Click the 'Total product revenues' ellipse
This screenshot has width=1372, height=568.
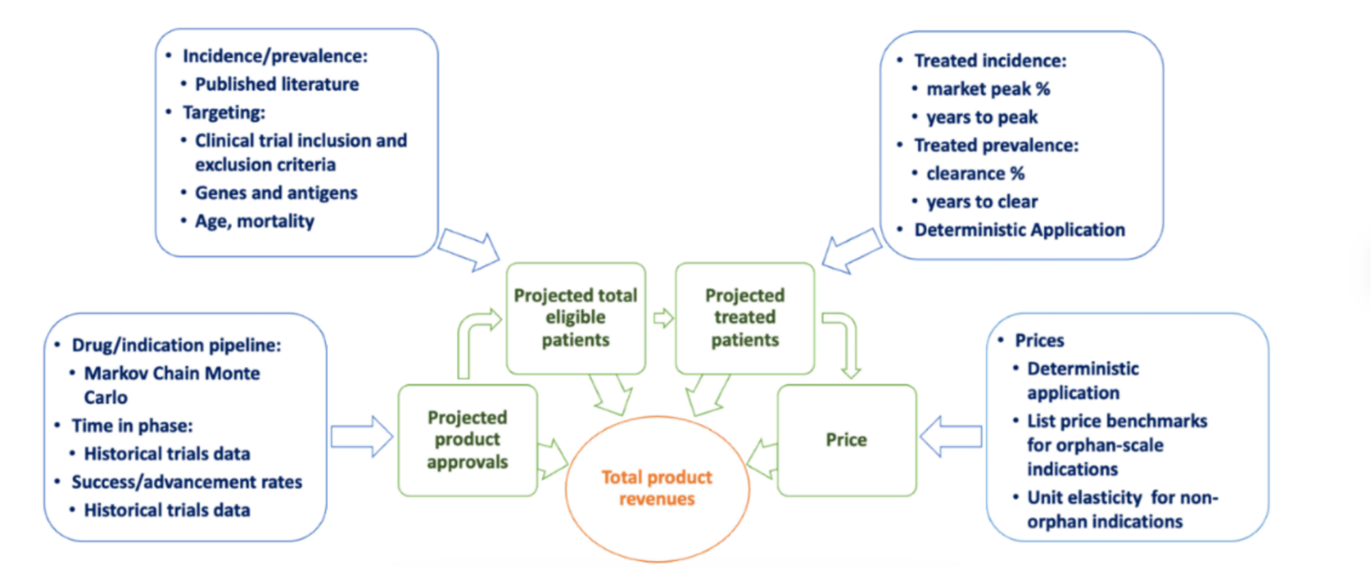tap(657, 488)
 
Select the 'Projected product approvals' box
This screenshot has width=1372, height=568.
tap(467, 440)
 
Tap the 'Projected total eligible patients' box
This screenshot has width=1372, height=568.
tap(575, 318)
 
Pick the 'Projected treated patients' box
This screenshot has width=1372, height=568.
tap(745, 318)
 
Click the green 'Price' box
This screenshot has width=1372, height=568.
tap(846, 440)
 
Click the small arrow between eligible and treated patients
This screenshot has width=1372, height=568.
tap(663, 318)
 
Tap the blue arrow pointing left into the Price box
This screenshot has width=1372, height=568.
tap(951, 437)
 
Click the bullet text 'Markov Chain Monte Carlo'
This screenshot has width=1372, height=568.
tap(171, 385)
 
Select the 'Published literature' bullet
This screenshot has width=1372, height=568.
tap(277, 84)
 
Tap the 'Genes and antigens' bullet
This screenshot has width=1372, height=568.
tap(276, 193)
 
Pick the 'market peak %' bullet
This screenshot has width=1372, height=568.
tap(988, 89)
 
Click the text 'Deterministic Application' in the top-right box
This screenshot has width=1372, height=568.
tap(1020, 230)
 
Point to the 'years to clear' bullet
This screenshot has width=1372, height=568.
tap(981, 202)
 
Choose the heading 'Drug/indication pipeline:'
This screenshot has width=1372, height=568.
tap(176, 345)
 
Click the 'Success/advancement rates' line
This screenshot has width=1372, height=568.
tap(187, 482)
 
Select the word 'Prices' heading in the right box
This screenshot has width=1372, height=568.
tap(1039, 341)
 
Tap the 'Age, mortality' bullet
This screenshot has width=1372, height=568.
tap(255, 221)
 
